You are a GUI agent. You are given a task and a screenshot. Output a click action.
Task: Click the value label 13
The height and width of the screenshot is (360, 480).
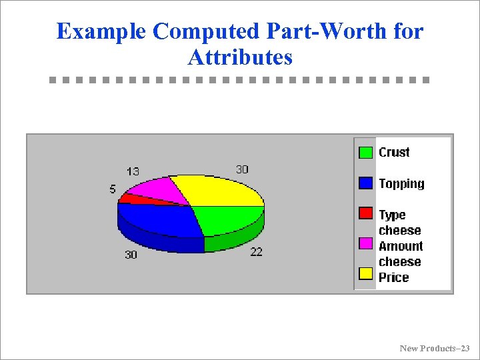click(x=133, y=171)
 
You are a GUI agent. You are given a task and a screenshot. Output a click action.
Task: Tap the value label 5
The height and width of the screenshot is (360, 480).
click(x=113, y=189)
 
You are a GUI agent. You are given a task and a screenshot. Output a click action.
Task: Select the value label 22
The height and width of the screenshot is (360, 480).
click(x=256, y=251)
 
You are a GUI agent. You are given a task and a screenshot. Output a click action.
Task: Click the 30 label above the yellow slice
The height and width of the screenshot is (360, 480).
click(x=242, y=169)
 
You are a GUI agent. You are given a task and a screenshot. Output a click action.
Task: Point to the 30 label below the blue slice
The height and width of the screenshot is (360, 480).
click(x=131, y=254)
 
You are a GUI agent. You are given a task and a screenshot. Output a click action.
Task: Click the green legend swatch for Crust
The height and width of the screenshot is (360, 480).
click(x=365, y=153)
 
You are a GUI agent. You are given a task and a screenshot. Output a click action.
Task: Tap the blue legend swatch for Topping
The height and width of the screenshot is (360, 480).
click(x=365, y=183)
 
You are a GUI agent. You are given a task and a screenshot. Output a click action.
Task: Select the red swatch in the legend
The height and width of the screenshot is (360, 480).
click(x=365, y=213)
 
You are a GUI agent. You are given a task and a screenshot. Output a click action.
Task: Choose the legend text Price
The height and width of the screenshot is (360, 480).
click(x=393, y=277)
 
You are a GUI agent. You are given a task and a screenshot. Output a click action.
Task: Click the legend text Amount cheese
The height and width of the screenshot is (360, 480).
click(x=401, y=254)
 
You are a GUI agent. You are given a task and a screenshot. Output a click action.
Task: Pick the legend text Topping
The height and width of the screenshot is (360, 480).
click(x=401, y=183)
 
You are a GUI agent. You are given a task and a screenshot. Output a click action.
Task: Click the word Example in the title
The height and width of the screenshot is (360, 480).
click(x=101, y=31)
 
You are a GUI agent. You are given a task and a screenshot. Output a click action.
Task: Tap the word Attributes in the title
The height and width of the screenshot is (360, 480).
click(x=240, y=57)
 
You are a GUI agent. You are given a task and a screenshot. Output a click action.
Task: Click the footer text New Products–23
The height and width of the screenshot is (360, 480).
click(x=434, y=348)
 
